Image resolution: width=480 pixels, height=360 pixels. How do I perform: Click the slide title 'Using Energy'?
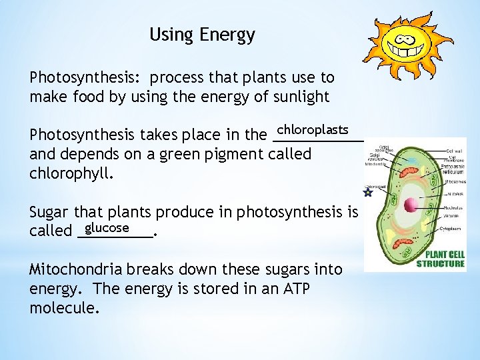tap(202, 35)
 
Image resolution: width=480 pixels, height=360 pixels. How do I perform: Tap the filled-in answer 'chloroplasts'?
tap(313, 128)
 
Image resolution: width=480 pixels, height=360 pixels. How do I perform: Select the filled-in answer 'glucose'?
tap(107, 228)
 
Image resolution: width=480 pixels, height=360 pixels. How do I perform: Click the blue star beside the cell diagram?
tap(367, 193)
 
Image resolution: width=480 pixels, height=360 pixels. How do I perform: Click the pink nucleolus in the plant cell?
tap(411, 205)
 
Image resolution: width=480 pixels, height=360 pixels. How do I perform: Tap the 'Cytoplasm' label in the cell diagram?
tap(451, 229)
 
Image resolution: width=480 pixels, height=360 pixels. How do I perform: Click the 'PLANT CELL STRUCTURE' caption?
tap(441, 259)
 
